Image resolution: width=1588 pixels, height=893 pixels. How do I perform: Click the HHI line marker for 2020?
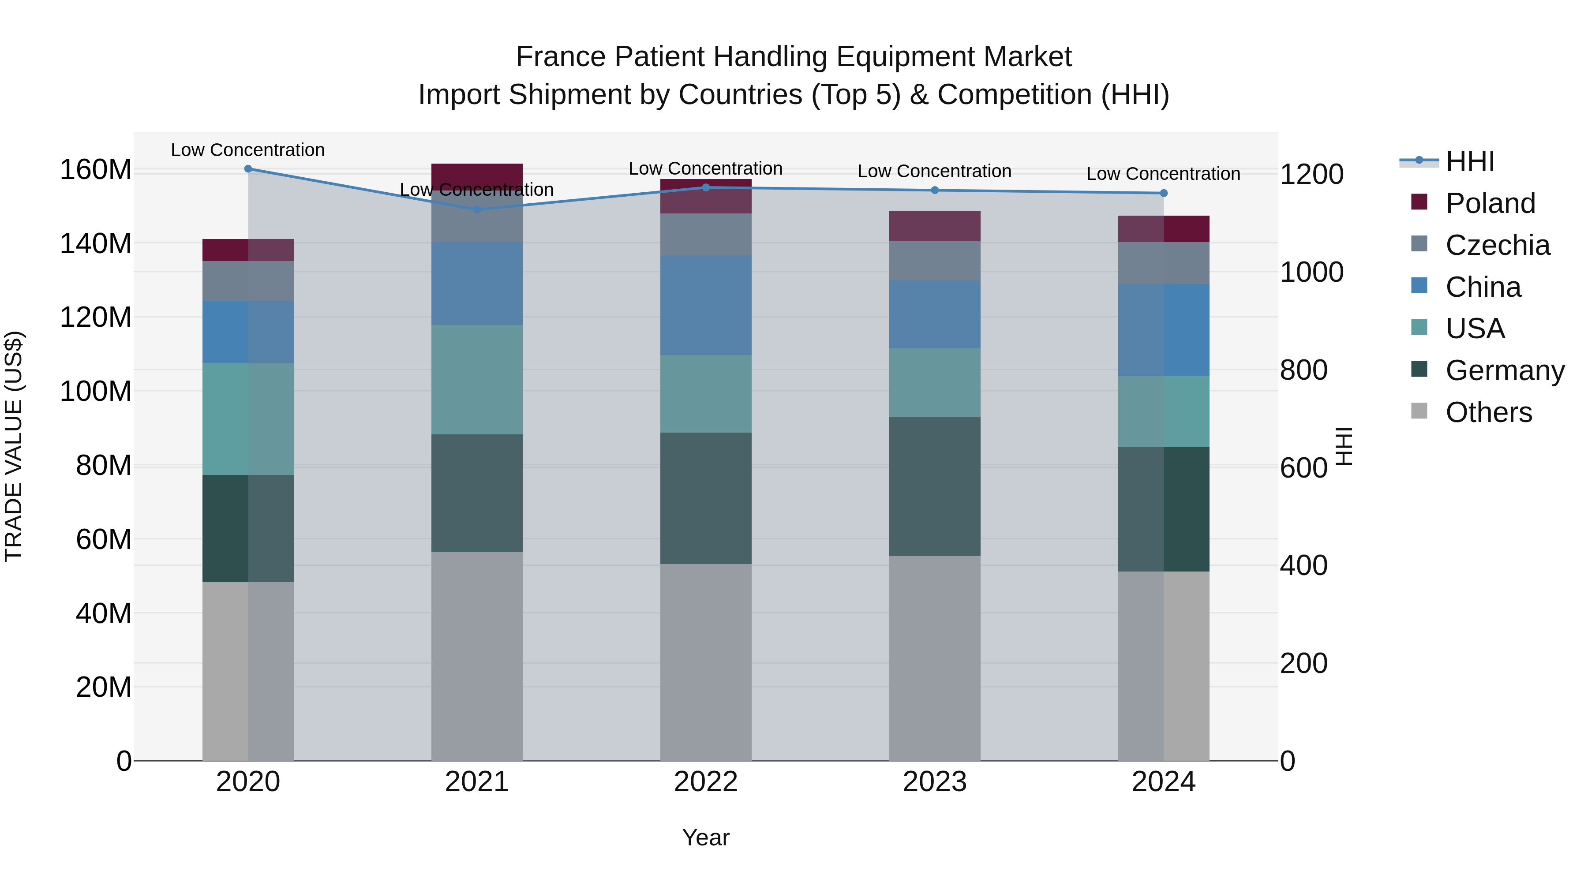248,168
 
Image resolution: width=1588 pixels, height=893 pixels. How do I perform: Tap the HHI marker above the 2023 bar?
935,191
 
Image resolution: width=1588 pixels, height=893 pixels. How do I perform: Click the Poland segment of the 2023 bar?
935,226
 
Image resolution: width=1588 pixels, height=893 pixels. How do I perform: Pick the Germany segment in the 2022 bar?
706,498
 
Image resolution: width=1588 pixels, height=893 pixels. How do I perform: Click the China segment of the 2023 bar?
935,314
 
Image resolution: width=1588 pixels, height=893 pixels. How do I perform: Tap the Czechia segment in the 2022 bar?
706,234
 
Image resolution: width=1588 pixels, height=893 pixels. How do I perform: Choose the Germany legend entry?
1504,370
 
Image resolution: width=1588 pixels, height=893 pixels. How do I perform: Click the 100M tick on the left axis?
96,391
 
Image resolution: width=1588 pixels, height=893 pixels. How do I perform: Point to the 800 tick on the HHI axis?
1303,370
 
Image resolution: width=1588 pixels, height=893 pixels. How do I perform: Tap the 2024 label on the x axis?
1163,782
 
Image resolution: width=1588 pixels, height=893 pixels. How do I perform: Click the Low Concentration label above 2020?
248,150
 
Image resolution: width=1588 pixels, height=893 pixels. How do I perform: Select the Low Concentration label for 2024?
1163,174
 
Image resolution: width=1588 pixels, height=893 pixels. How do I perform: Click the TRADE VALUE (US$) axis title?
14,446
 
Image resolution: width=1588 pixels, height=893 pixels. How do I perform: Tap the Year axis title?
706,837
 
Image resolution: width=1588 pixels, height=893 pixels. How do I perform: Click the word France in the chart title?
560,57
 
